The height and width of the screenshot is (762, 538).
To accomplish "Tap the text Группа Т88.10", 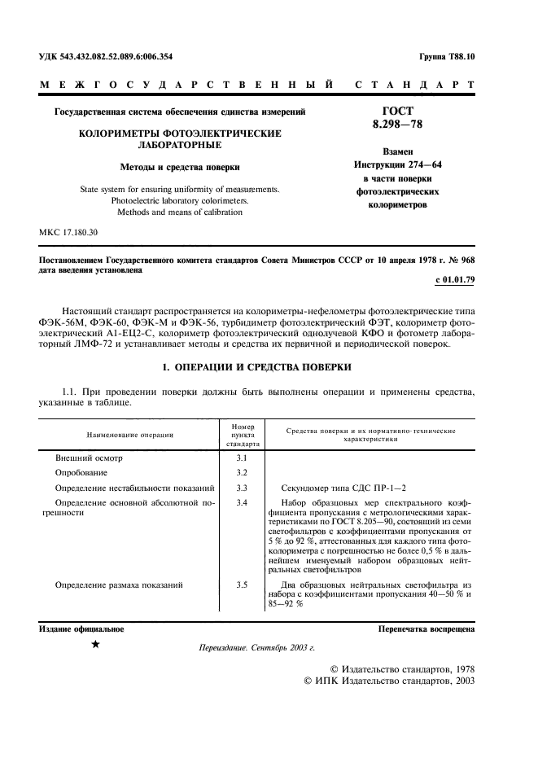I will [x=446, y=57].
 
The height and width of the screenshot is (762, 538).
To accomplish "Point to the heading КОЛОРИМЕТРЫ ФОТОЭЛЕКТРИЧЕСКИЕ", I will [x=179, y=133].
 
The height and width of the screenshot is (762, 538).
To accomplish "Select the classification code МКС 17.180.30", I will [x=68, y=233].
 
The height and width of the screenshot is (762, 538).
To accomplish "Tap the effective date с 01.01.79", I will [x=456, y=280].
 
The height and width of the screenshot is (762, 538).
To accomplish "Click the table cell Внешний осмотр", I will [x=88, y=458].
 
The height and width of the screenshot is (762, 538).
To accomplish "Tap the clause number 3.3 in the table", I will [x=242, y=488].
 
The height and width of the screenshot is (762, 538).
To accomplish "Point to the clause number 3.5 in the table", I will [x=242, y=585].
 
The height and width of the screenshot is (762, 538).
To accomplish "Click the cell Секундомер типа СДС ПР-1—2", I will [x=336, y=488].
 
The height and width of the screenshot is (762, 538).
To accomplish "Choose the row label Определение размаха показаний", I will [x=118, y=585].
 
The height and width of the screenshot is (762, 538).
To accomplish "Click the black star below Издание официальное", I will [x=96, y=645].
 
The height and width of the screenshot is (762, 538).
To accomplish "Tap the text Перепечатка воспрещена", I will [x=426, y=629].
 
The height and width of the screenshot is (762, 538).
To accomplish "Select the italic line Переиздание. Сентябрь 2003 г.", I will [x=256, y=648].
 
